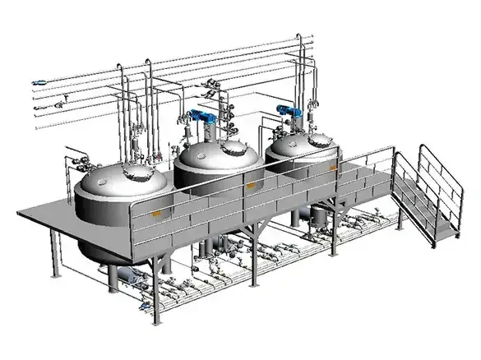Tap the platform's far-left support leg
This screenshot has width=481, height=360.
point(54,245)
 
